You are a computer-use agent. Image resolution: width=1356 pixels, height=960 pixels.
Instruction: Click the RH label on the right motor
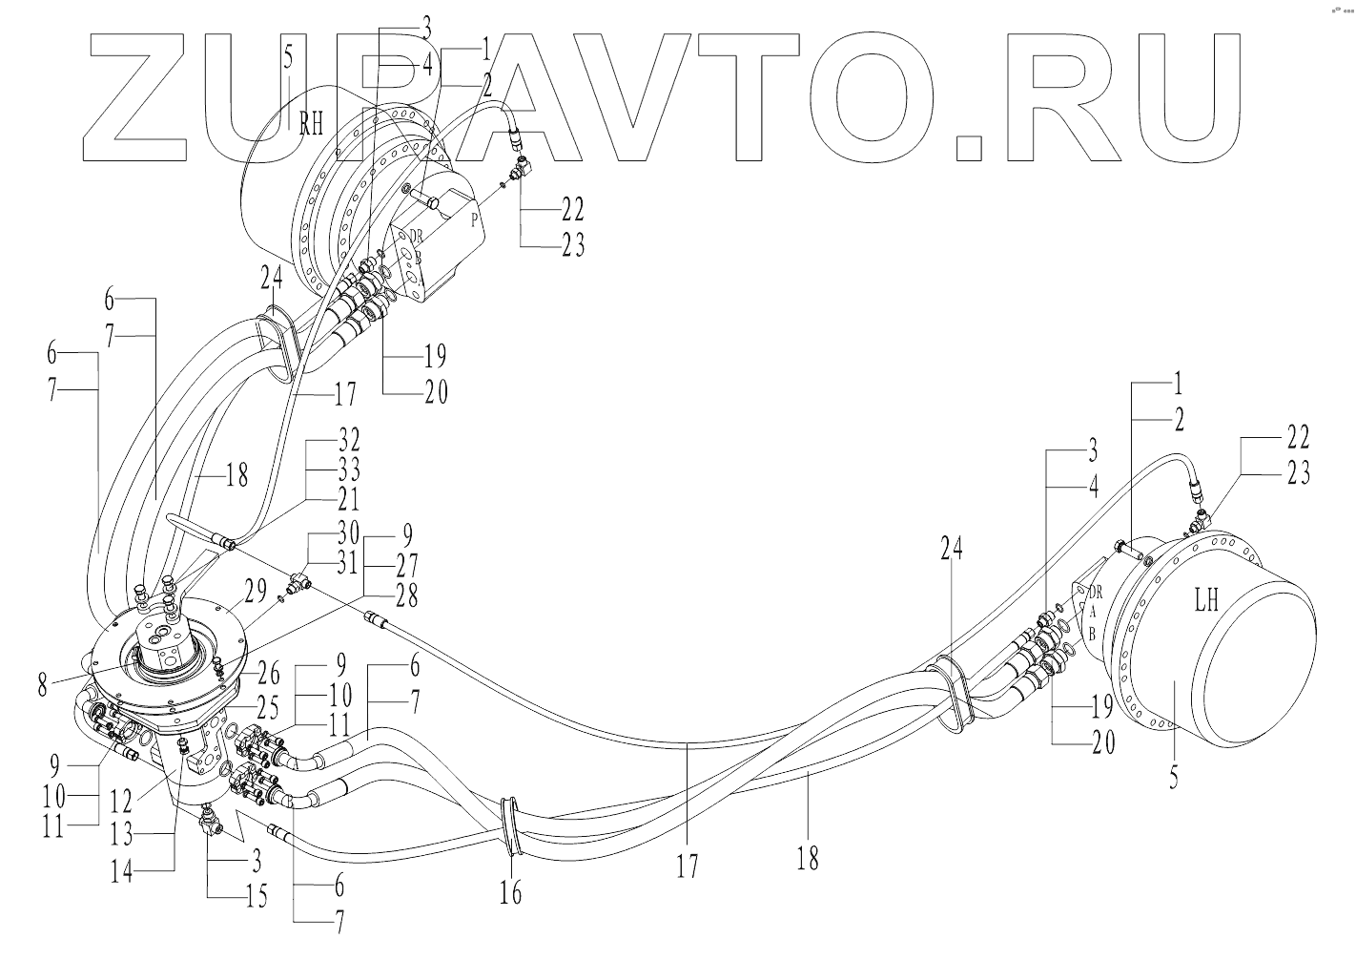(312, 124)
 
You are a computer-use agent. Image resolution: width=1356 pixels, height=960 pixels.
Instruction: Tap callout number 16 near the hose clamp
(511, 893)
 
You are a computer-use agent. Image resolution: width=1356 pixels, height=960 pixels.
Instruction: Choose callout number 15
(256, 896)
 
